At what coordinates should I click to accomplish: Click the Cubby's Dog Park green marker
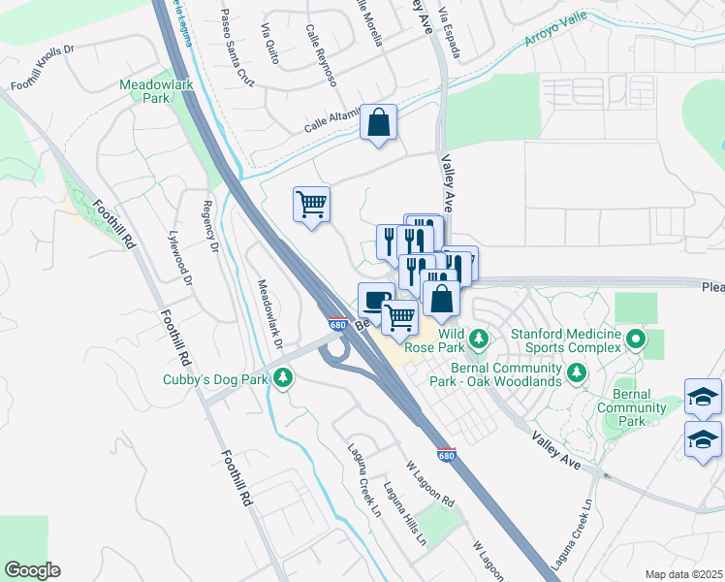click(282, 379)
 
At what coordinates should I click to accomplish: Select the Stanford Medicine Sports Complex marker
click(635, 339)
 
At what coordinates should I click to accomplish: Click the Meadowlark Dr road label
click(268, 314)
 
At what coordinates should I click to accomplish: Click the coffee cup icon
click(376, 298)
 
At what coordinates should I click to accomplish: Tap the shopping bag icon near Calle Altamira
click(378, 123)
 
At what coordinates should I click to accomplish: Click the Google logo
click(32, 570)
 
